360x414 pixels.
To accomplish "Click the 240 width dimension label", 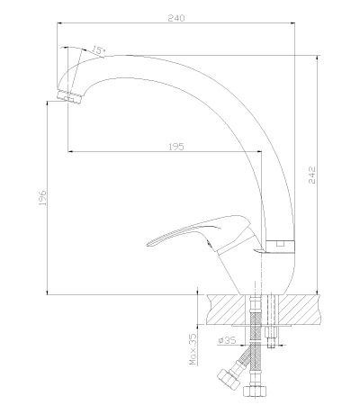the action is [176, 18].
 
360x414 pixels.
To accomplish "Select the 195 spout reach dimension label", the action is [175, 147].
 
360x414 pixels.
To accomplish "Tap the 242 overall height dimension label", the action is [312, 175].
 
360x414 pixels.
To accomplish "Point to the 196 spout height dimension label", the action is [42, 198].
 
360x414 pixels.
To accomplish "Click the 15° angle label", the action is [98, 50].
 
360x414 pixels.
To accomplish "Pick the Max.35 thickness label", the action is [194, 349].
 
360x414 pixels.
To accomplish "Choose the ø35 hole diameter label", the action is [227, 340].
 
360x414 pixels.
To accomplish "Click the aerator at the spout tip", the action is [69, 96].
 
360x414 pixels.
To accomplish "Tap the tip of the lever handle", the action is [148, 245].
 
